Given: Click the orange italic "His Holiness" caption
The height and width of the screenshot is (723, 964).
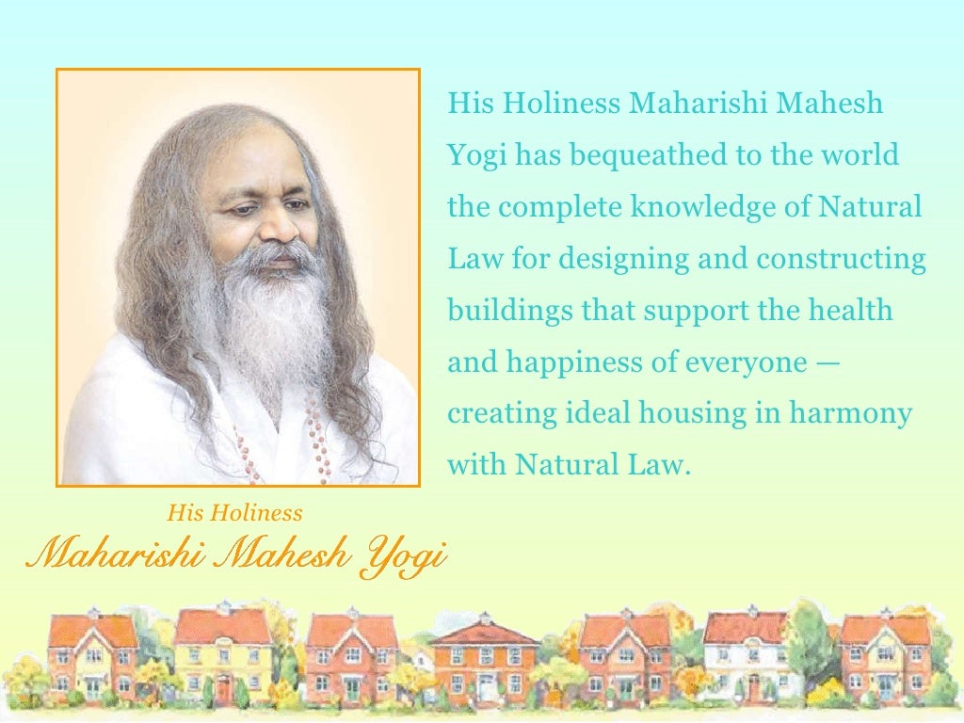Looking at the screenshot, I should [x=234, y=513].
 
